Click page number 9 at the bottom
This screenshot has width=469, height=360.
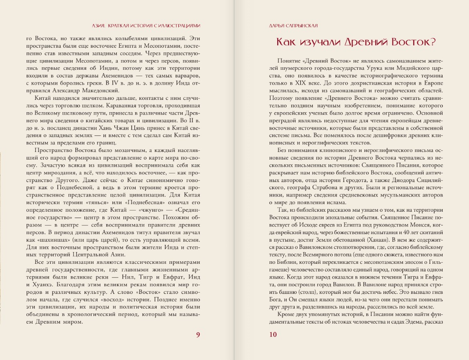coord(198,335)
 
